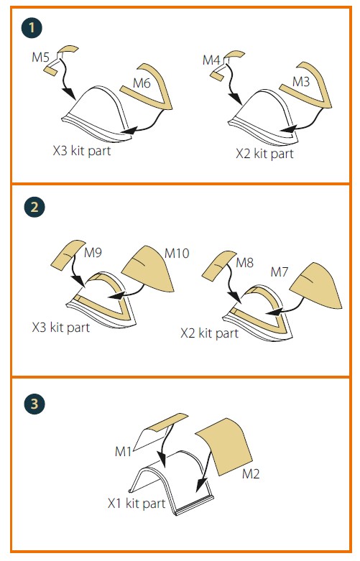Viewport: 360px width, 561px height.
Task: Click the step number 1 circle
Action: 32,27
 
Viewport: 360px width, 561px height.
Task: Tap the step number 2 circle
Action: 34,207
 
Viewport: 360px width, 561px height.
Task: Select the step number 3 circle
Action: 34,404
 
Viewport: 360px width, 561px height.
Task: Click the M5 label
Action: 40,57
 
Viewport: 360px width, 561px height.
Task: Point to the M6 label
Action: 142,83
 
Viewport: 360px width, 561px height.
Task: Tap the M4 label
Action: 211,60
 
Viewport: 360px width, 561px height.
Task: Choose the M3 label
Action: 301,82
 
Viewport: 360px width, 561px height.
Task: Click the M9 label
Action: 93,253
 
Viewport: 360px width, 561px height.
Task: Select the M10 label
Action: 177,254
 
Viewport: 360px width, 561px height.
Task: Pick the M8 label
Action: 245,263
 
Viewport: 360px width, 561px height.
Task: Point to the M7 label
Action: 280,272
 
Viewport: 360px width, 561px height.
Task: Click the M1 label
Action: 124,452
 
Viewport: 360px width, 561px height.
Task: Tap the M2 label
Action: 251,473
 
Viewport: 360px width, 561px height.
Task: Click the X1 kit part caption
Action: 137,503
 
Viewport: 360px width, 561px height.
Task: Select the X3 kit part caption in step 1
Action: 82,151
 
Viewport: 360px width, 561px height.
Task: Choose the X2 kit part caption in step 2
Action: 209,333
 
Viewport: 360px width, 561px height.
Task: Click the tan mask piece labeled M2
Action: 224,446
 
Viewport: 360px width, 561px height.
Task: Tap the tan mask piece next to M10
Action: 149,269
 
